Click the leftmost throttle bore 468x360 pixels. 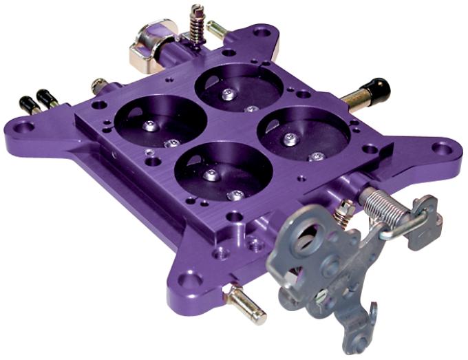coord(160,120)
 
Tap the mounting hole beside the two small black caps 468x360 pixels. coord(23,126)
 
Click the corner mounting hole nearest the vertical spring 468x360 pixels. coord(262,32)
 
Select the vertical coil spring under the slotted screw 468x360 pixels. coord(196,30)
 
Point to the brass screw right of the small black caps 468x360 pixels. coord(98,86)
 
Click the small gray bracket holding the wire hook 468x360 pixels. coord(426,220)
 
